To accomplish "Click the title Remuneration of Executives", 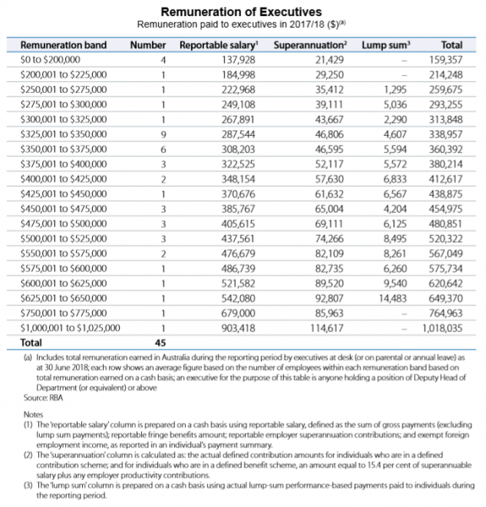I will click(243, 12).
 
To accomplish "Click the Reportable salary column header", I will click(217, 45).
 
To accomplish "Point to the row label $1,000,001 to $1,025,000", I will click(70, 327).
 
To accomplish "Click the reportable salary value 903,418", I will click(237, 327).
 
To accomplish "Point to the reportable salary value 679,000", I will click(237, 312).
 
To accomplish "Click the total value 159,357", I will click(445, 59).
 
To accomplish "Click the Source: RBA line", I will click(39, 397).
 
